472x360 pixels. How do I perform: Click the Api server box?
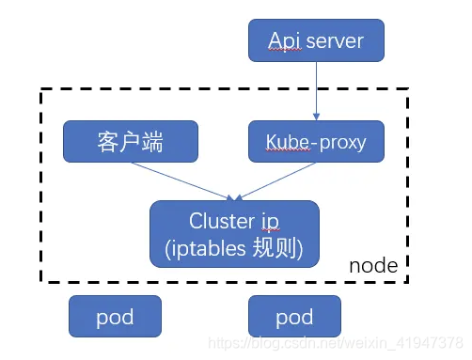(x=316, y=40)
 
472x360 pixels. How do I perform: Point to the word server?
(x=332, y=40)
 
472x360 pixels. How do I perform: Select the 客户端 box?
(x=131, y=142)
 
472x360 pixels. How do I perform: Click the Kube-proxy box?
(x=316, y=142)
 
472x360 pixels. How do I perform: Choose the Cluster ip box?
(x=234, y=234)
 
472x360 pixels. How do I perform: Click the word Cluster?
(x=223, y=221)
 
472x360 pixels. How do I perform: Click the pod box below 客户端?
(x=115, y=317)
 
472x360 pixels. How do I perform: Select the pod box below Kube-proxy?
(x=293, y=317)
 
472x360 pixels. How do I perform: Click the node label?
(x=373, y=267)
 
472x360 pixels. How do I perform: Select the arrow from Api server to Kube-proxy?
(x=316, y=92)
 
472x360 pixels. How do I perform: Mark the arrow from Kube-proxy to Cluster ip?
(x=275, y=180)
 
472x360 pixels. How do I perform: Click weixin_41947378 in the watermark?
(x=415, y=340)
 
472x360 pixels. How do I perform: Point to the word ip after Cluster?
(x=270, y=222)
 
